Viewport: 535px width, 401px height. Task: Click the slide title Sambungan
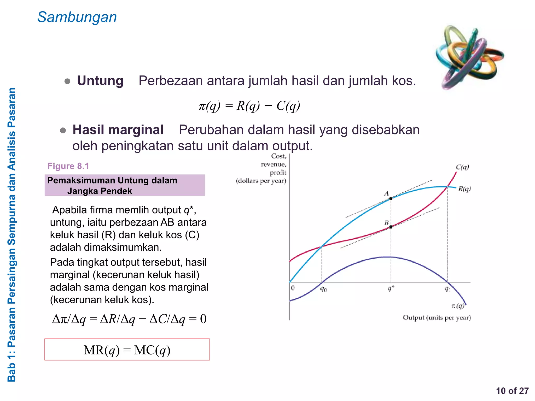coord(77,17)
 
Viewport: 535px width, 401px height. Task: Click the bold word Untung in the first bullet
coord(100,81)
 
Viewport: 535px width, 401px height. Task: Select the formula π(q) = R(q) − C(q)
coord(249,106)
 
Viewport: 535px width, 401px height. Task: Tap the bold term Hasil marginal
coord(118,130)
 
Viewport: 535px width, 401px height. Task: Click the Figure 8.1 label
coord(68,166)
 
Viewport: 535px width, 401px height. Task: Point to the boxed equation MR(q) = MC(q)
coord(127,350)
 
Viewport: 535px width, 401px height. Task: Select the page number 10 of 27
coord(512,391)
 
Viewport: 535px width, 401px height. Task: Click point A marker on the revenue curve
coord(391,199)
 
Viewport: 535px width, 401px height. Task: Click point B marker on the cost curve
coord(391,227)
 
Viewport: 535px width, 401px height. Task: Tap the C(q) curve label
coord(462,167)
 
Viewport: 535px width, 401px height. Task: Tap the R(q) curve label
coord(464,189)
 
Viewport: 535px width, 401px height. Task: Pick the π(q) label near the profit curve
coord(458,306)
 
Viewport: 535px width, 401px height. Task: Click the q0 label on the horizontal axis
coord(323,289)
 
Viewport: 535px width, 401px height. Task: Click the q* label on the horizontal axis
coord(391,288)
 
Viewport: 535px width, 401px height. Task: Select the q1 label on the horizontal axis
coord(448,289)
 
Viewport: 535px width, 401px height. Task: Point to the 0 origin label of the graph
coord(293,288)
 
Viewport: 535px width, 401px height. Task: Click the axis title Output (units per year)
coord(437,318)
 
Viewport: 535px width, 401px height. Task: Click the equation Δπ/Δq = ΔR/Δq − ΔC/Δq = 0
coord(129,319)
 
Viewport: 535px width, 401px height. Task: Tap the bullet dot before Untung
coord(67,81)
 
